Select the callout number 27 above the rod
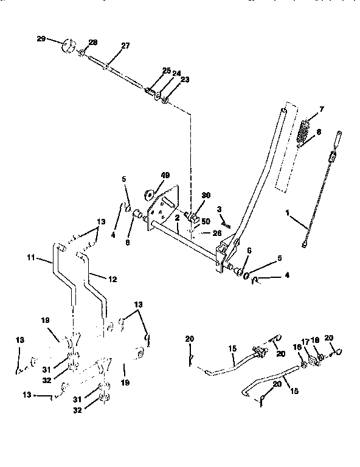click(125, 46)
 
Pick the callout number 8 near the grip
click(319, 131)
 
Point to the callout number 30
click(206, 196)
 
